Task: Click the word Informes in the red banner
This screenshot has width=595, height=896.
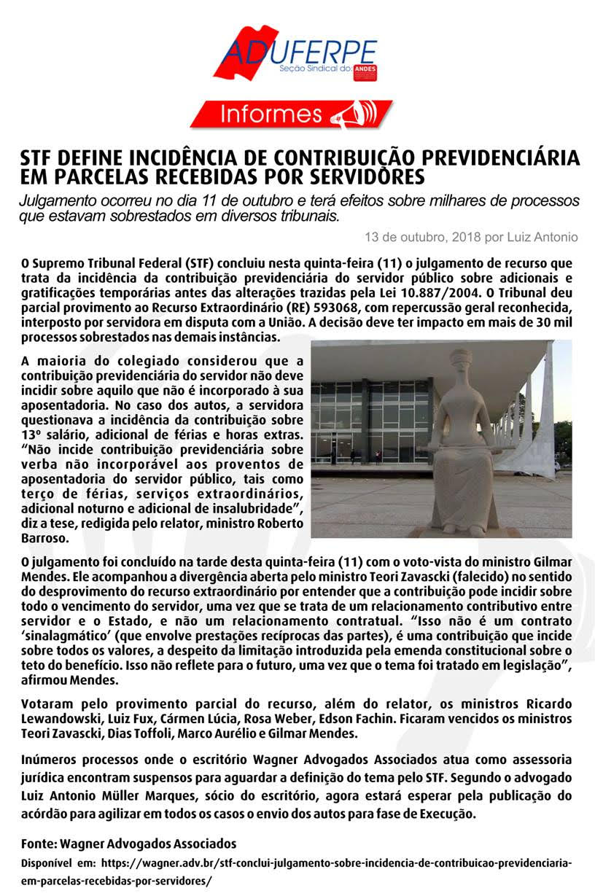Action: [x=271, y=114]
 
